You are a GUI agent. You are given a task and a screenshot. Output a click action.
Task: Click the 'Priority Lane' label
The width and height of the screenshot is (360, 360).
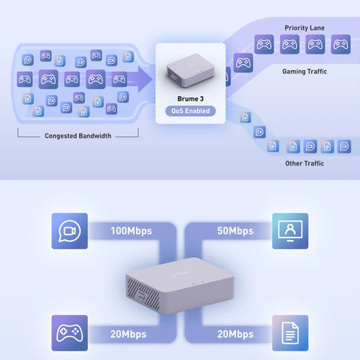(x=305, y=28)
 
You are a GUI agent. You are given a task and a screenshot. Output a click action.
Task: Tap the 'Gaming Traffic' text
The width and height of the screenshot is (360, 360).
(x=305, y=71)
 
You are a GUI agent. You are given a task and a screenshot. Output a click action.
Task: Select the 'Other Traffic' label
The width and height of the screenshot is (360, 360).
(x=305, y=163)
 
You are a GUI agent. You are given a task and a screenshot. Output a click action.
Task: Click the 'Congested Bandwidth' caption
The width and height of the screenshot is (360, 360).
(x=78, y=136)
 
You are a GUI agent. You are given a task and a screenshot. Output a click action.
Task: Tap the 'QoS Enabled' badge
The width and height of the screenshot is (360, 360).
(x=190, y=111)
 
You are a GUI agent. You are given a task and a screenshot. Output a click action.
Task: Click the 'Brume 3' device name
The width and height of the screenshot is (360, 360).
(x=190, y=99)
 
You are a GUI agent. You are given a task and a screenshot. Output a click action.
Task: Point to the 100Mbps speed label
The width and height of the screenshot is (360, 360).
(x=131, y=231)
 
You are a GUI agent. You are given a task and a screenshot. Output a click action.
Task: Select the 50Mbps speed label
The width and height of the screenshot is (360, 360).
(x=235, y=231)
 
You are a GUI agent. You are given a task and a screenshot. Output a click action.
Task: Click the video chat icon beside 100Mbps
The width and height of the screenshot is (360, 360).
(x=70, y=231)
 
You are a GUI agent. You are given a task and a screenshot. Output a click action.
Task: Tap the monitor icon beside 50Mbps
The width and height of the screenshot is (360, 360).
(x=290, y=231)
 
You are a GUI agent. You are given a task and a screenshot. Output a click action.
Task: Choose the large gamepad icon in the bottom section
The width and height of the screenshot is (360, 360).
(x=70, y=333)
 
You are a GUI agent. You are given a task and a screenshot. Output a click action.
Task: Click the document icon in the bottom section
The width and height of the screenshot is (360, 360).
(x=290, y=333)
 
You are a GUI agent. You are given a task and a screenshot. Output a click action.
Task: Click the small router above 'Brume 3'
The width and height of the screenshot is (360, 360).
(x=190, y=70)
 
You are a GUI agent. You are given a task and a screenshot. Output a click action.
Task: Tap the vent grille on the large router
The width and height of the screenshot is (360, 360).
(x=143, y=294)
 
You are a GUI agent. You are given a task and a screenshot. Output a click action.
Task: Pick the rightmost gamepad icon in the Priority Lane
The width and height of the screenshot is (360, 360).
(x=341, y=44)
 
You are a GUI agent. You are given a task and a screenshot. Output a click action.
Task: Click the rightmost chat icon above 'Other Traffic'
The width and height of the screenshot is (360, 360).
(x=344, y=146)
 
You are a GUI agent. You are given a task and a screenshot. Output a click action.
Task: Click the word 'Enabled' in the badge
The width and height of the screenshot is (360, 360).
(x=198, y=111)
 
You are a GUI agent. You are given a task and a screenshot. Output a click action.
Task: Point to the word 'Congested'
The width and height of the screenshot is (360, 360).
(x=60, y=136)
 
